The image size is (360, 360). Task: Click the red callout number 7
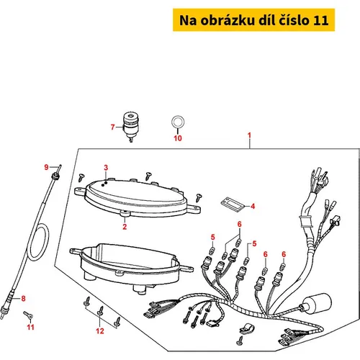coord(112,127)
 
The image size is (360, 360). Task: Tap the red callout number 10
coord(178,138)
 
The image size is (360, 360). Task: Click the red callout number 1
coord(249,135)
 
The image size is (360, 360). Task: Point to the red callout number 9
coord(46,167)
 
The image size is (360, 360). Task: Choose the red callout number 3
coord(106,168)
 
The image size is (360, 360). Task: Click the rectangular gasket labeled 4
coord(232,204)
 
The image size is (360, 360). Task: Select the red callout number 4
coord(253,206)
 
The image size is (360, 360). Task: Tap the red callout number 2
coord(125,227)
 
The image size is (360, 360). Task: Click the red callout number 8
coord(23,298)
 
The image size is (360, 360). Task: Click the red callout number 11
coord(30,327)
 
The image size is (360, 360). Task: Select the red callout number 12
coord(100,331)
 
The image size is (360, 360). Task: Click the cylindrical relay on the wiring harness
coord(316,304)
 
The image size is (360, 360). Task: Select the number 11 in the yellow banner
coord(320,20)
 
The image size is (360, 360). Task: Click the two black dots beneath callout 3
coord(104,184)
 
